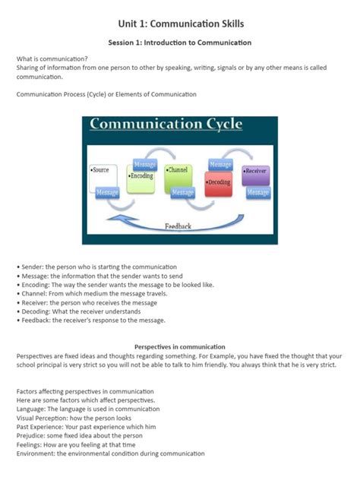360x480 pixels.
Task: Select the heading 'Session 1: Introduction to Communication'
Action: tap(180, 43)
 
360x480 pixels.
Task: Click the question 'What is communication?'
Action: tap(52, 58)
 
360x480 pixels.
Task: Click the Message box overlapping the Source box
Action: tap(107, 193)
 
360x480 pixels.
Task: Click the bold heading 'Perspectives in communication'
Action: tap(180, 346)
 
